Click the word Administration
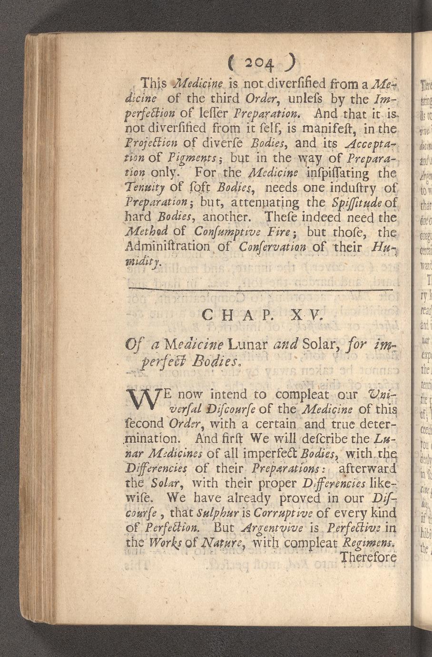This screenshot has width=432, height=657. click(167, 247)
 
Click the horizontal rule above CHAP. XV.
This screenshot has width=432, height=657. click(261, 289)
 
